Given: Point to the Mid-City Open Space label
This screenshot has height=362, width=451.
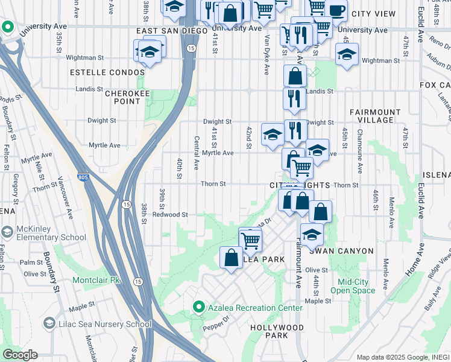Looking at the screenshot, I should coord(356,286).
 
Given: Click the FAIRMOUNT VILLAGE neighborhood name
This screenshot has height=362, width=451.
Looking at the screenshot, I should coord(374,116).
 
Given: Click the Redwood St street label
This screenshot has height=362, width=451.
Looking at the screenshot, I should coord(171,214).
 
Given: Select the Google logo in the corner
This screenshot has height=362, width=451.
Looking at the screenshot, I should coord(20,355).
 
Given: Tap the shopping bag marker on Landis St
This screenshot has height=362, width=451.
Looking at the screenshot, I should coord(295,76).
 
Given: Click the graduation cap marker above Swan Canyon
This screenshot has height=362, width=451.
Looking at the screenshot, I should coord(312,234).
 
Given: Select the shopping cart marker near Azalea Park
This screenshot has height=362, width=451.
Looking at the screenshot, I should coord(250,240).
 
